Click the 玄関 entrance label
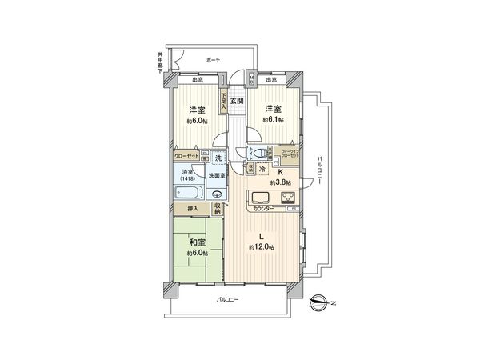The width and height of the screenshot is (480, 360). click(x=238, y=101)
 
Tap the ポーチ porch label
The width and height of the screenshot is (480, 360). click(x=213, y=60)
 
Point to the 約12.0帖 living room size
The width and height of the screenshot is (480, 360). click(x=262, y=248)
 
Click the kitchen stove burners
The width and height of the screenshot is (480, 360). click(x=289, y=198)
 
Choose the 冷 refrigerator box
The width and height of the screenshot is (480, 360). click(x=262, y=170)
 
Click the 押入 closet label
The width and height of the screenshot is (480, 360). click(x=193, y=208)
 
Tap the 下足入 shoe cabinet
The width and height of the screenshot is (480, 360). click(x=225, y=101)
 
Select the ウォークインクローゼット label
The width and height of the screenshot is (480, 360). click(x=289, y=150)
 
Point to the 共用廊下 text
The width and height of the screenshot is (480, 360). click(x=160, y=62)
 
